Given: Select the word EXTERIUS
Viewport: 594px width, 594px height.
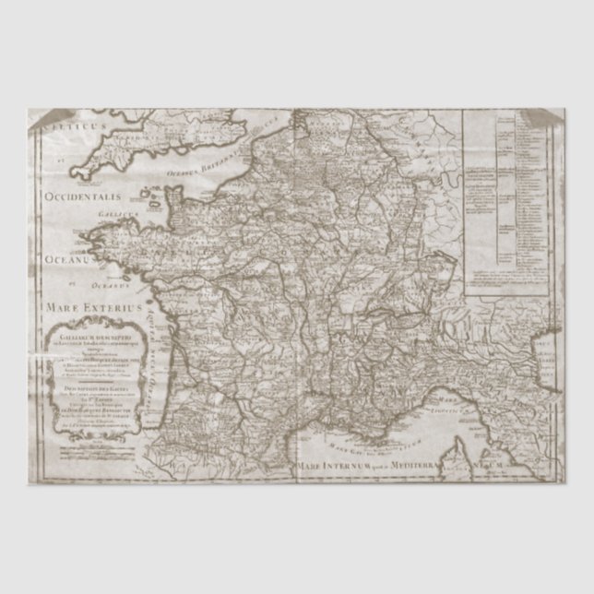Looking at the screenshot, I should pyautogui.click(x=113, y=303).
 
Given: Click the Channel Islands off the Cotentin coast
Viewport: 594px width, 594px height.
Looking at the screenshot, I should pyautogui.click(x=148, y=196).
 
